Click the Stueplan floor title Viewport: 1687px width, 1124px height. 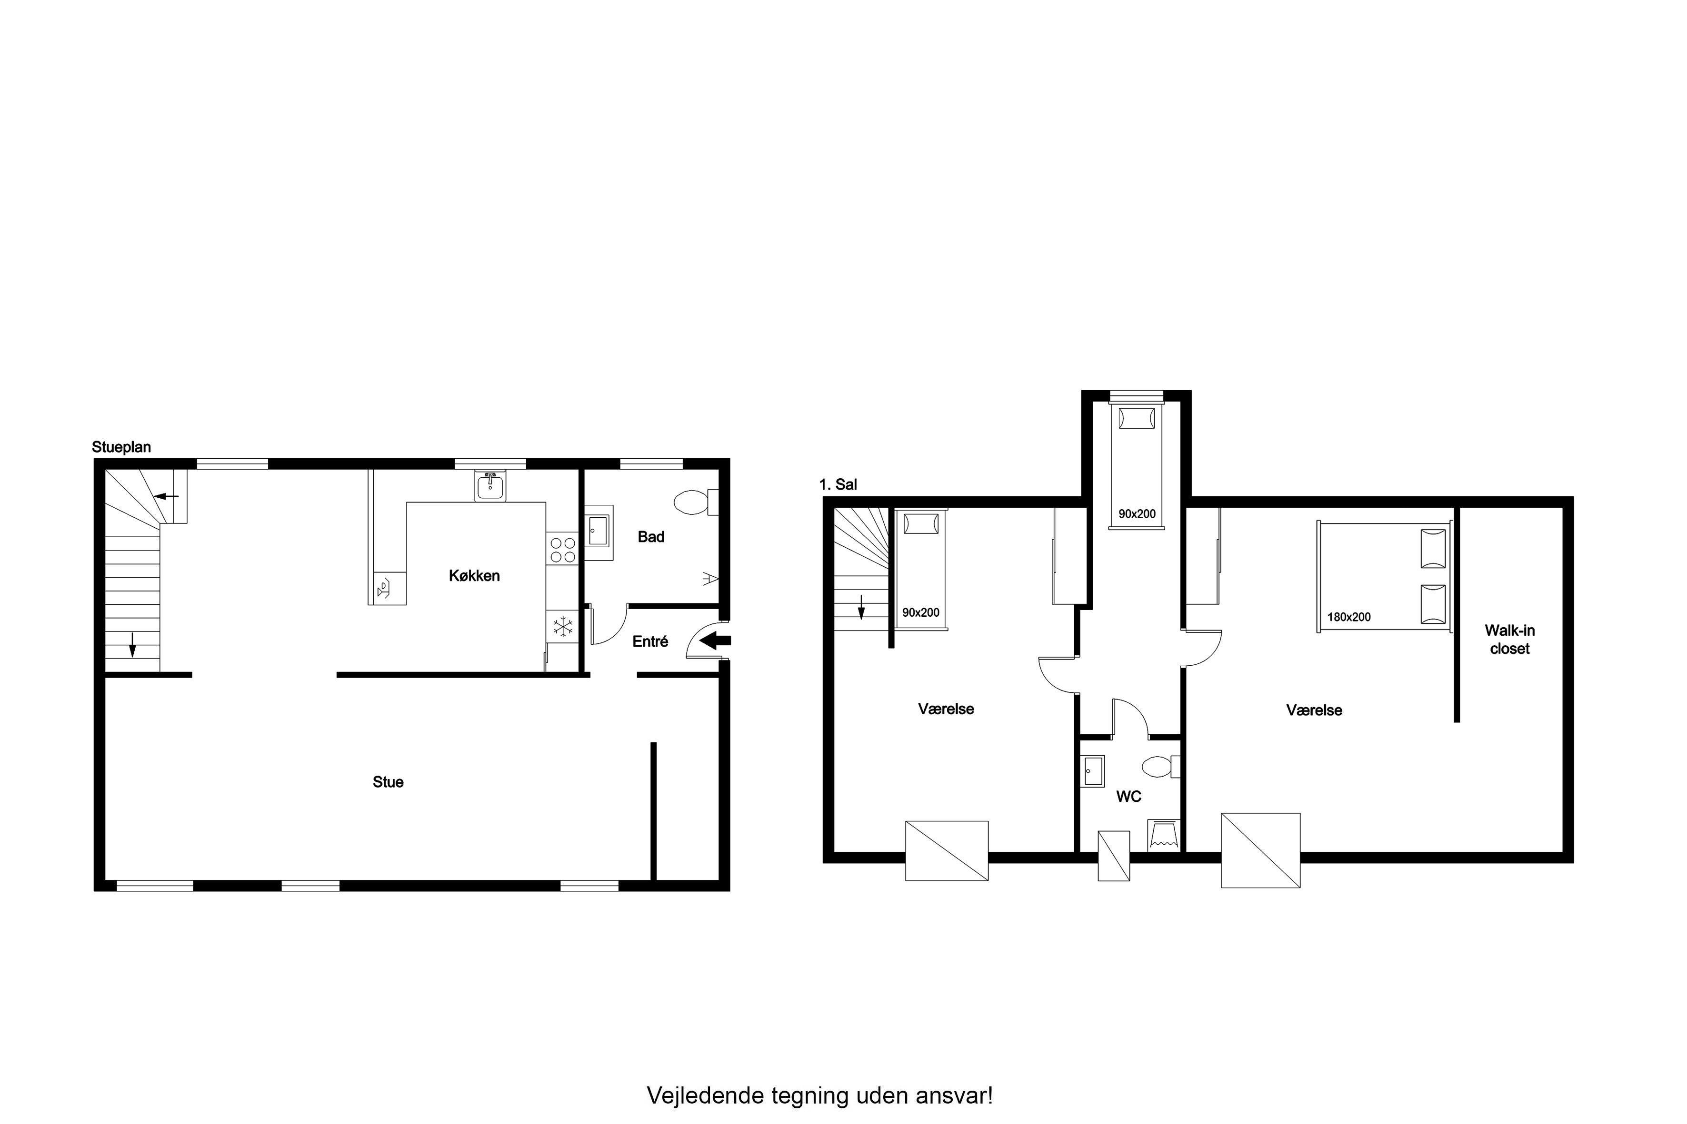121,447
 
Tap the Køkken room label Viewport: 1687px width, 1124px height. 474,576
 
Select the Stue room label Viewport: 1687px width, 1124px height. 388,782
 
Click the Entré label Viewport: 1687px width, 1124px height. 650,641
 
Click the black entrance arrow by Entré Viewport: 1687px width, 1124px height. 715,641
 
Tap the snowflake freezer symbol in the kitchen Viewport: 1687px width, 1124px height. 564,627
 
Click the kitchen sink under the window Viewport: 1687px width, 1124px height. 490,487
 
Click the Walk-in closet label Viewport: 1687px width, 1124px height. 1510,640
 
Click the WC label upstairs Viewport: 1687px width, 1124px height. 1128,797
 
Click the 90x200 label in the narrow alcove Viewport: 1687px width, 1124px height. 1137,514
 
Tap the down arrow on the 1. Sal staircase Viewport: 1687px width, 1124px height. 861,607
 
